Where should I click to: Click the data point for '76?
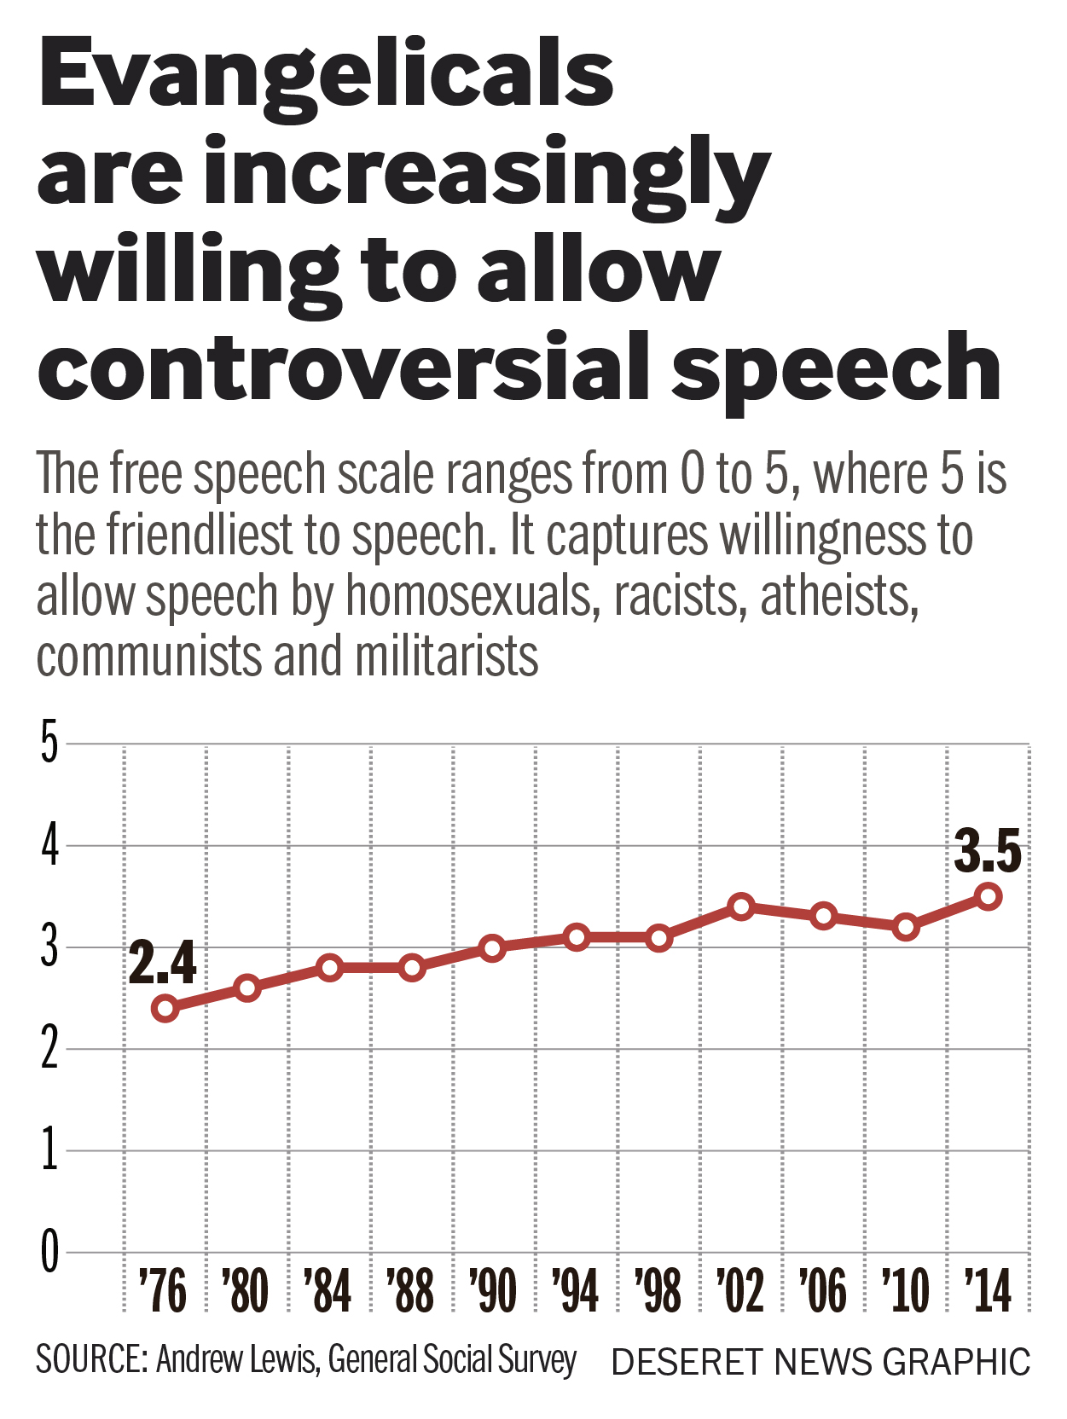click(165, 1009)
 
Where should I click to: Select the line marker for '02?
click(741, 906)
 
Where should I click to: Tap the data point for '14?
click(989, 896)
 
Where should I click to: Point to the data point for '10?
click(907, 927)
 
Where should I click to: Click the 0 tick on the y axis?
click(50, 1253)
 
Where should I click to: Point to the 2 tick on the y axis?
click(49, 1049)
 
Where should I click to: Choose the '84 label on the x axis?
click(328, 1290)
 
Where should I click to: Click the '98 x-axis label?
click(658, 1290)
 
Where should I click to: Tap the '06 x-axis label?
click(823, 1290)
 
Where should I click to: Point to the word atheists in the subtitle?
click(839, 596)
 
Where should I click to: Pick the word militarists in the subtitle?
click(447, 656)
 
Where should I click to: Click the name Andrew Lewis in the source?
click(236, 1359)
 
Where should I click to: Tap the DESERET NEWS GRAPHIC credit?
click(821, 1362)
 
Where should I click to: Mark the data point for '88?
click(412, 968)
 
